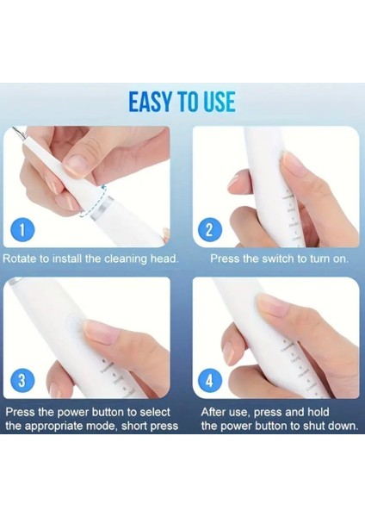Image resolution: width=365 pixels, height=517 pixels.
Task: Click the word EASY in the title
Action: click(x=150, y=102)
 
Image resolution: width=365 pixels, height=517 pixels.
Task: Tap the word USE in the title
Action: click(x=220, y=102)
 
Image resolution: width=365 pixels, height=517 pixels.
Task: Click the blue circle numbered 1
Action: click(x=22, y=229)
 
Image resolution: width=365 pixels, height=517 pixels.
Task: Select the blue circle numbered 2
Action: click(x=209, y=229)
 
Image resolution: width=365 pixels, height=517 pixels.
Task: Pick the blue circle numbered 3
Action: click(x=22, y=381)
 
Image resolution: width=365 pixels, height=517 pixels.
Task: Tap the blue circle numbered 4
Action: click(x=209, y=381)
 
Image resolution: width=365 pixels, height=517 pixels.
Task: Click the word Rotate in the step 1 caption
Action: click(x=20, y=258)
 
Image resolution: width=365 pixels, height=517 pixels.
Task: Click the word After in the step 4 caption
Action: click(x=213, y=412)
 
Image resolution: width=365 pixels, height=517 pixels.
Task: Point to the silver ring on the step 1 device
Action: click(x=102, y=208)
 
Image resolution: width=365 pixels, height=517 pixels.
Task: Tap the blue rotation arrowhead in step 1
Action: click(x=103, y=188)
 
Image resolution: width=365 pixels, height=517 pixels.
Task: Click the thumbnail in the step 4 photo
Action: click(x=273, y=305)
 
